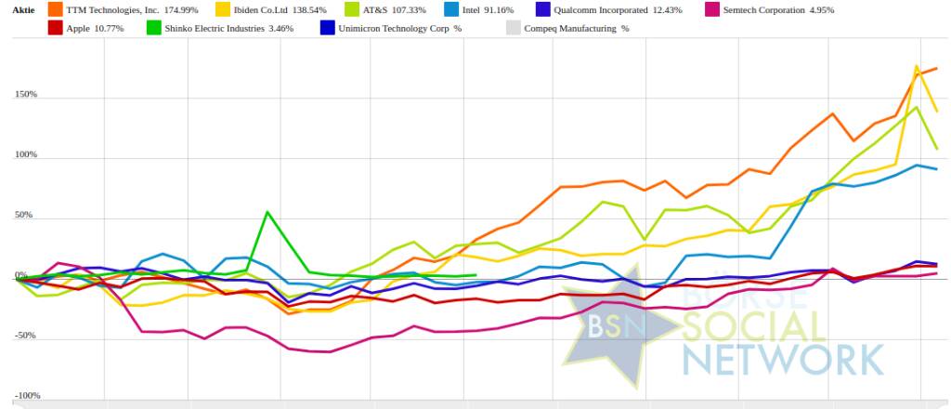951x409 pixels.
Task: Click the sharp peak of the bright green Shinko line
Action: (267, 212)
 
